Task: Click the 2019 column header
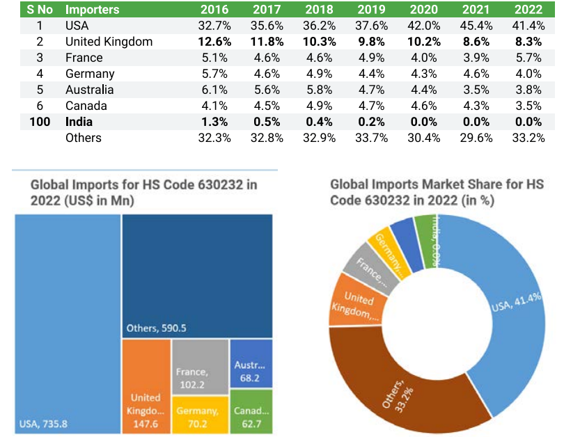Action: (371, 10)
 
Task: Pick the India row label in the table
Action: (79, 122)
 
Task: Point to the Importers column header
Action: (92, 10)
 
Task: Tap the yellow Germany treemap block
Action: (199, 416)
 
